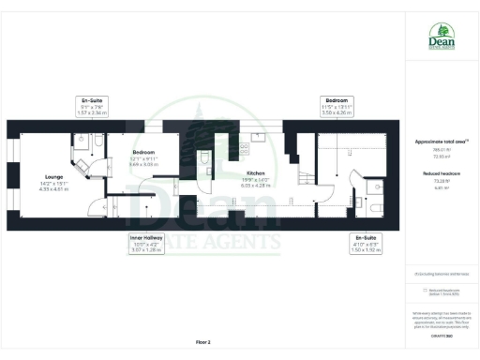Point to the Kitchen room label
click(x=255, y=173)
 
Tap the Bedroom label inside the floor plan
click(x=142, y=152)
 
